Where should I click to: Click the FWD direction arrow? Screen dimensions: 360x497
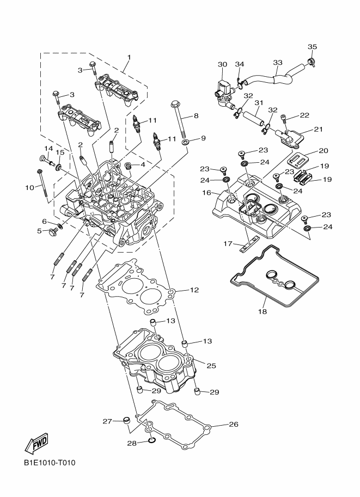[36, 443]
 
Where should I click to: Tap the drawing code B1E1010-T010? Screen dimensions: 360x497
[50, 463]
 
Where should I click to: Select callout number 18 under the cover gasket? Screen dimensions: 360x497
[263, 311]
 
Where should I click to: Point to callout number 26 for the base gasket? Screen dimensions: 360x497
[234, 424]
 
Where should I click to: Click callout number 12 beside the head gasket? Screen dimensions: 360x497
[194, 290]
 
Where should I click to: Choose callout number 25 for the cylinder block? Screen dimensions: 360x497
[211, 365]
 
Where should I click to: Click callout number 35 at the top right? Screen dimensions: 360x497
[313, 47]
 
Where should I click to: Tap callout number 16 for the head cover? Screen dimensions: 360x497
[206, 192]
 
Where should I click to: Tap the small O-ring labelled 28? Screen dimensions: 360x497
[151, 440]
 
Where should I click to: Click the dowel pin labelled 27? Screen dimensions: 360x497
[127, 420]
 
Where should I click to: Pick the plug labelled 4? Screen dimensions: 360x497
[129, 165]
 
